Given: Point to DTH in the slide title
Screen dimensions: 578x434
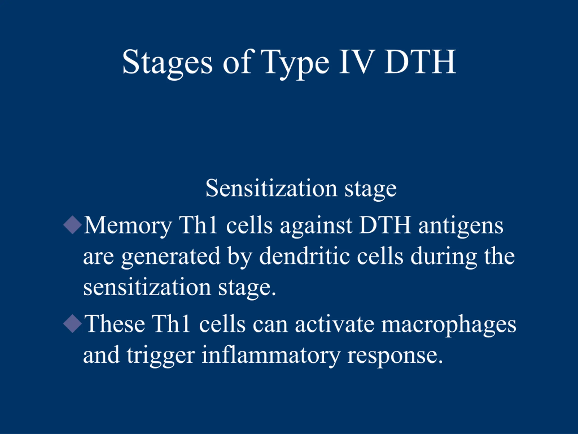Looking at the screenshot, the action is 420,62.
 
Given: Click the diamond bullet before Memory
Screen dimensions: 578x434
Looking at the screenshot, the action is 73,225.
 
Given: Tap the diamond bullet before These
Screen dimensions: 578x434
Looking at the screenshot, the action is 73,324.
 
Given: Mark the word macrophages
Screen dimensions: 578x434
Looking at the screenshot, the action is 449,326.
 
